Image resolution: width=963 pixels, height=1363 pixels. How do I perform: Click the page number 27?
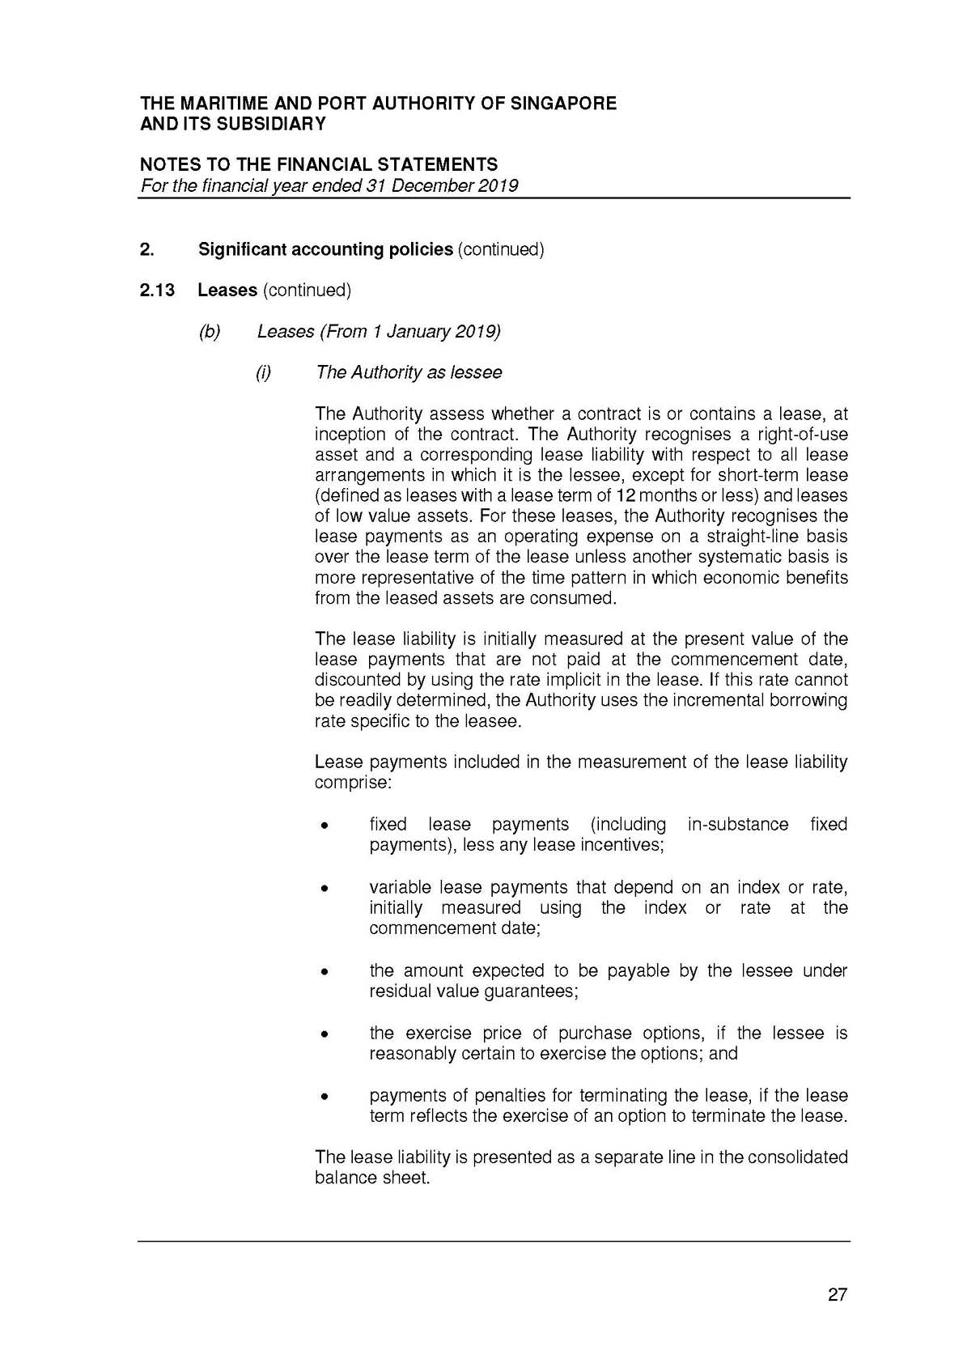[838, 1294]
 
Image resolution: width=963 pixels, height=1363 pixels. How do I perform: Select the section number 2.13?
[157, 290]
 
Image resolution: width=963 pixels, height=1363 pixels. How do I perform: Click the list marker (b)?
[210, 331]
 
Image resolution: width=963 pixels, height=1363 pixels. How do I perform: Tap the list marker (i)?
[263, 372]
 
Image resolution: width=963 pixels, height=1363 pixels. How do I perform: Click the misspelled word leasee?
[493, 720]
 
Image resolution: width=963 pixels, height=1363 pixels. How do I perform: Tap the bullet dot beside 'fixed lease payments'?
[324, 826]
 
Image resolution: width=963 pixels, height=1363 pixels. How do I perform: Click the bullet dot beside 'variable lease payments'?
[324, 889]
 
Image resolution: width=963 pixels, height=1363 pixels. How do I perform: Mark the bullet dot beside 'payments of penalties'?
[324, 1098]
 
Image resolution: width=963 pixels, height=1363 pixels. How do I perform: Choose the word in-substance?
[737, 825]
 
